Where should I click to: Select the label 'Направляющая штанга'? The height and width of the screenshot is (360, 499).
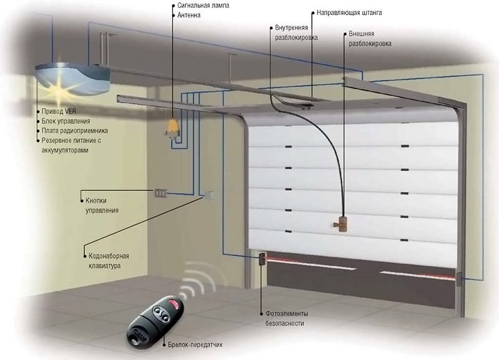[x=349, y=12]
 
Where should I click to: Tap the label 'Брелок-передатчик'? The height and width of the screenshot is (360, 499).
[x=195, y=344]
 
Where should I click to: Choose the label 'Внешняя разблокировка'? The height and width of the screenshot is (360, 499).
[x=369, y=39]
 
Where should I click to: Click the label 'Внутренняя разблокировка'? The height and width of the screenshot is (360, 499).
[x=296, y=32]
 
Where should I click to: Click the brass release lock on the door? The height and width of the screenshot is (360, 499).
[x=341, y=222]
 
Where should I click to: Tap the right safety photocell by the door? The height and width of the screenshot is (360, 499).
[x=460, y=279]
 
